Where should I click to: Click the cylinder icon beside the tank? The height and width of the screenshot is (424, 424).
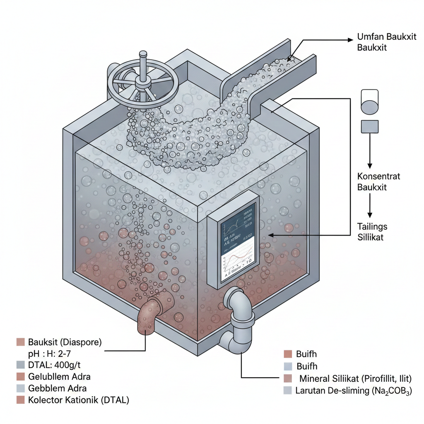click(369, 101)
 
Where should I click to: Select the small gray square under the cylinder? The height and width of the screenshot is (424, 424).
click(369, 126)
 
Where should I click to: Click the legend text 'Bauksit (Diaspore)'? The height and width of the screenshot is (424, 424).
click(65, 342)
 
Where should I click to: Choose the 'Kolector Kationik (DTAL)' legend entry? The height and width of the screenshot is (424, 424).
click(79, 400)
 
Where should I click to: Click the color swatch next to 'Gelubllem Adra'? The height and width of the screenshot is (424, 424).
click(21, 377)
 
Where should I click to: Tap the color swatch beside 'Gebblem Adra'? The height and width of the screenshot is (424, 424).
click(21, 388)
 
